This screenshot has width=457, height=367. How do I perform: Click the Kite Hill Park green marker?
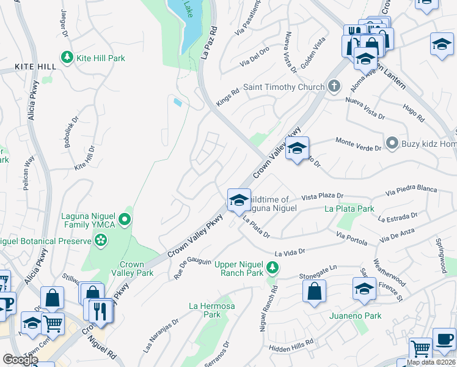[x=67, y=57]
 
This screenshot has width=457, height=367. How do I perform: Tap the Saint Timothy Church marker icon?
[x=334, y=87]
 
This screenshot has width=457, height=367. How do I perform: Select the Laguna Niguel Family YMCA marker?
[x=125, y=219]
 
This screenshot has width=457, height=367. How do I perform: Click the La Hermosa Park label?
[x=211, y=310]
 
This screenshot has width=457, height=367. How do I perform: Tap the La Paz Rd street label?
[x=209, y=42]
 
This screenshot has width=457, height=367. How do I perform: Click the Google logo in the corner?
[x=20, y=360]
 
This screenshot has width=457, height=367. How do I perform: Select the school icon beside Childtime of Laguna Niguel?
[x=239, y=199]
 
